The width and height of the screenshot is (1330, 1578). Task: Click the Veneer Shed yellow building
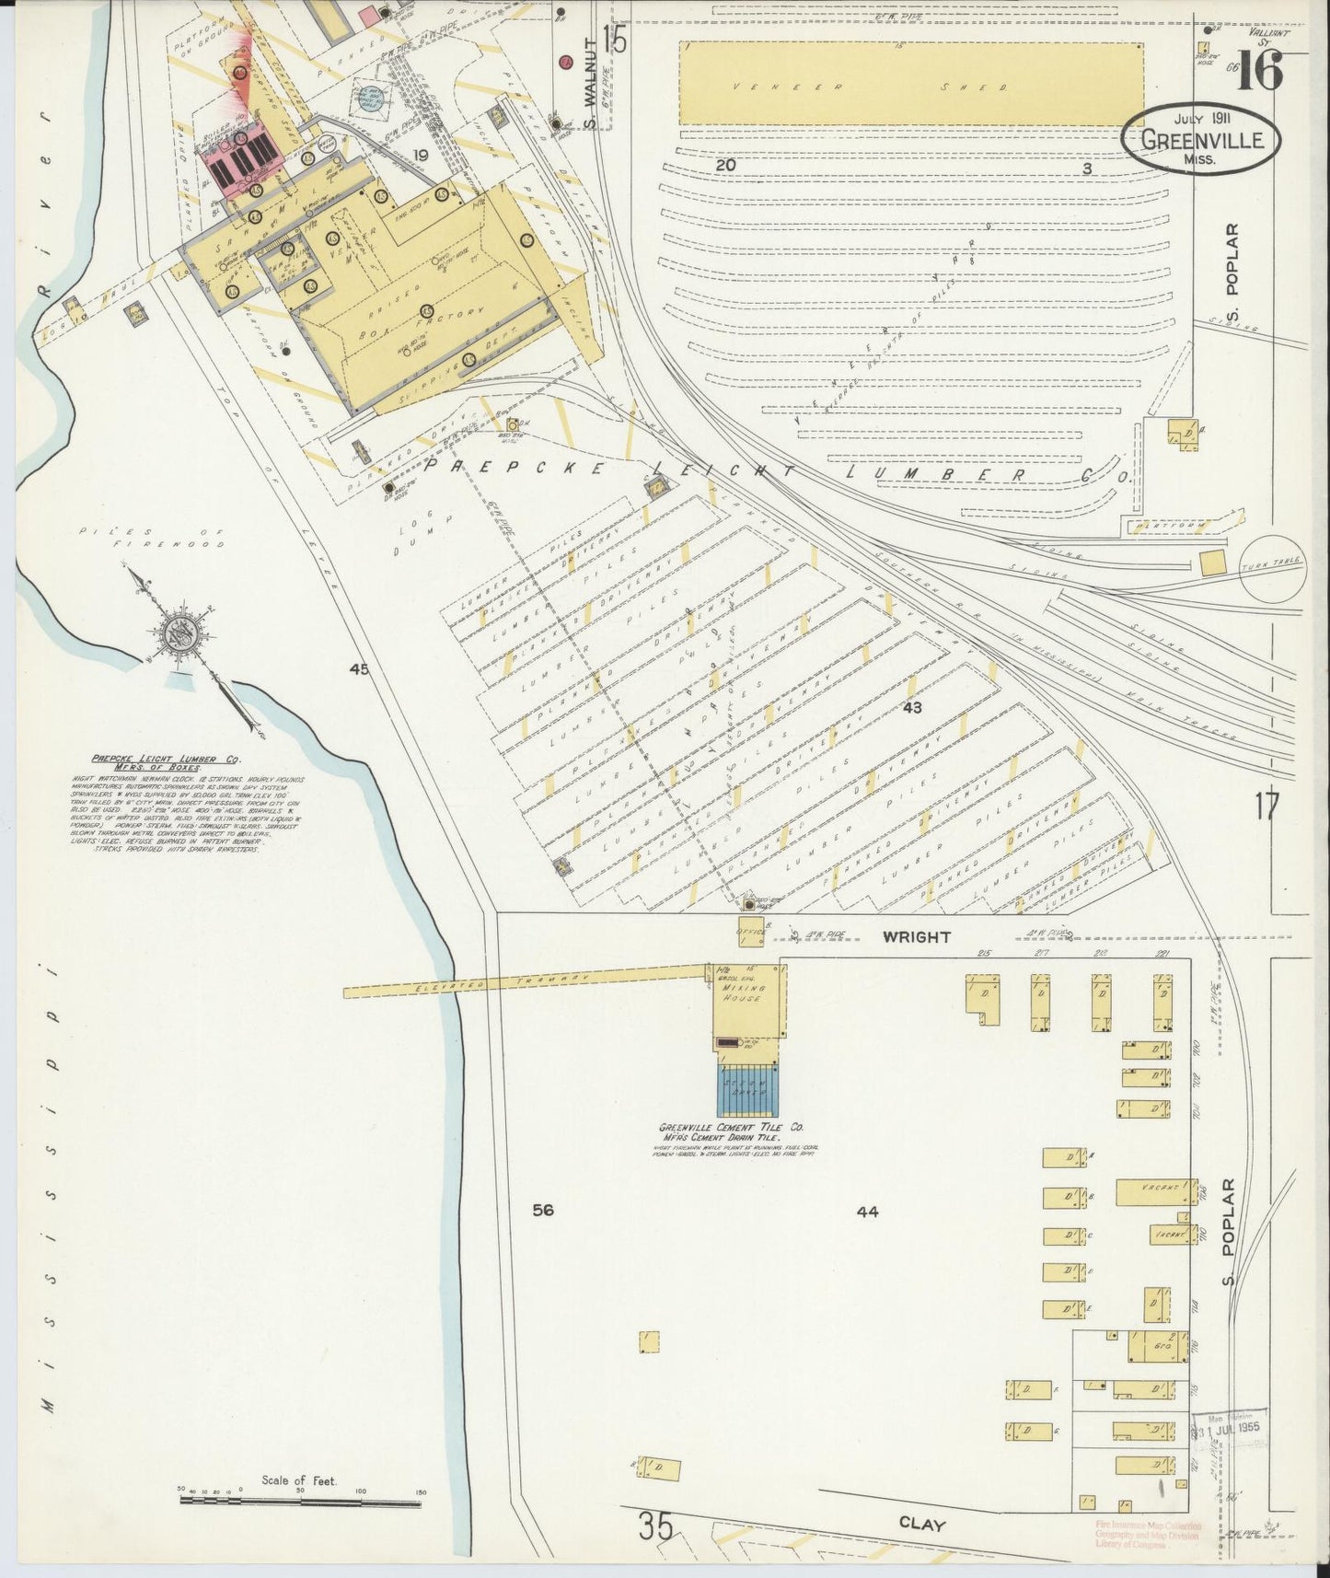tap(910, 84)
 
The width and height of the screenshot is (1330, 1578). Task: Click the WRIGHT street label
tap(916, 937)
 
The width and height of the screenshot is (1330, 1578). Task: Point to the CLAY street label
tap(922, 1525)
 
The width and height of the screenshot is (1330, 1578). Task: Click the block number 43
tap(912, 708)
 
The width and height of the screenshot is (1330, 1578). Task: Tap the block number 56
tap(543, 1210)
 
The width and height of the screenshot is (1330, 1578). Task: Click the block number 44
tap(867, 1213)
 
